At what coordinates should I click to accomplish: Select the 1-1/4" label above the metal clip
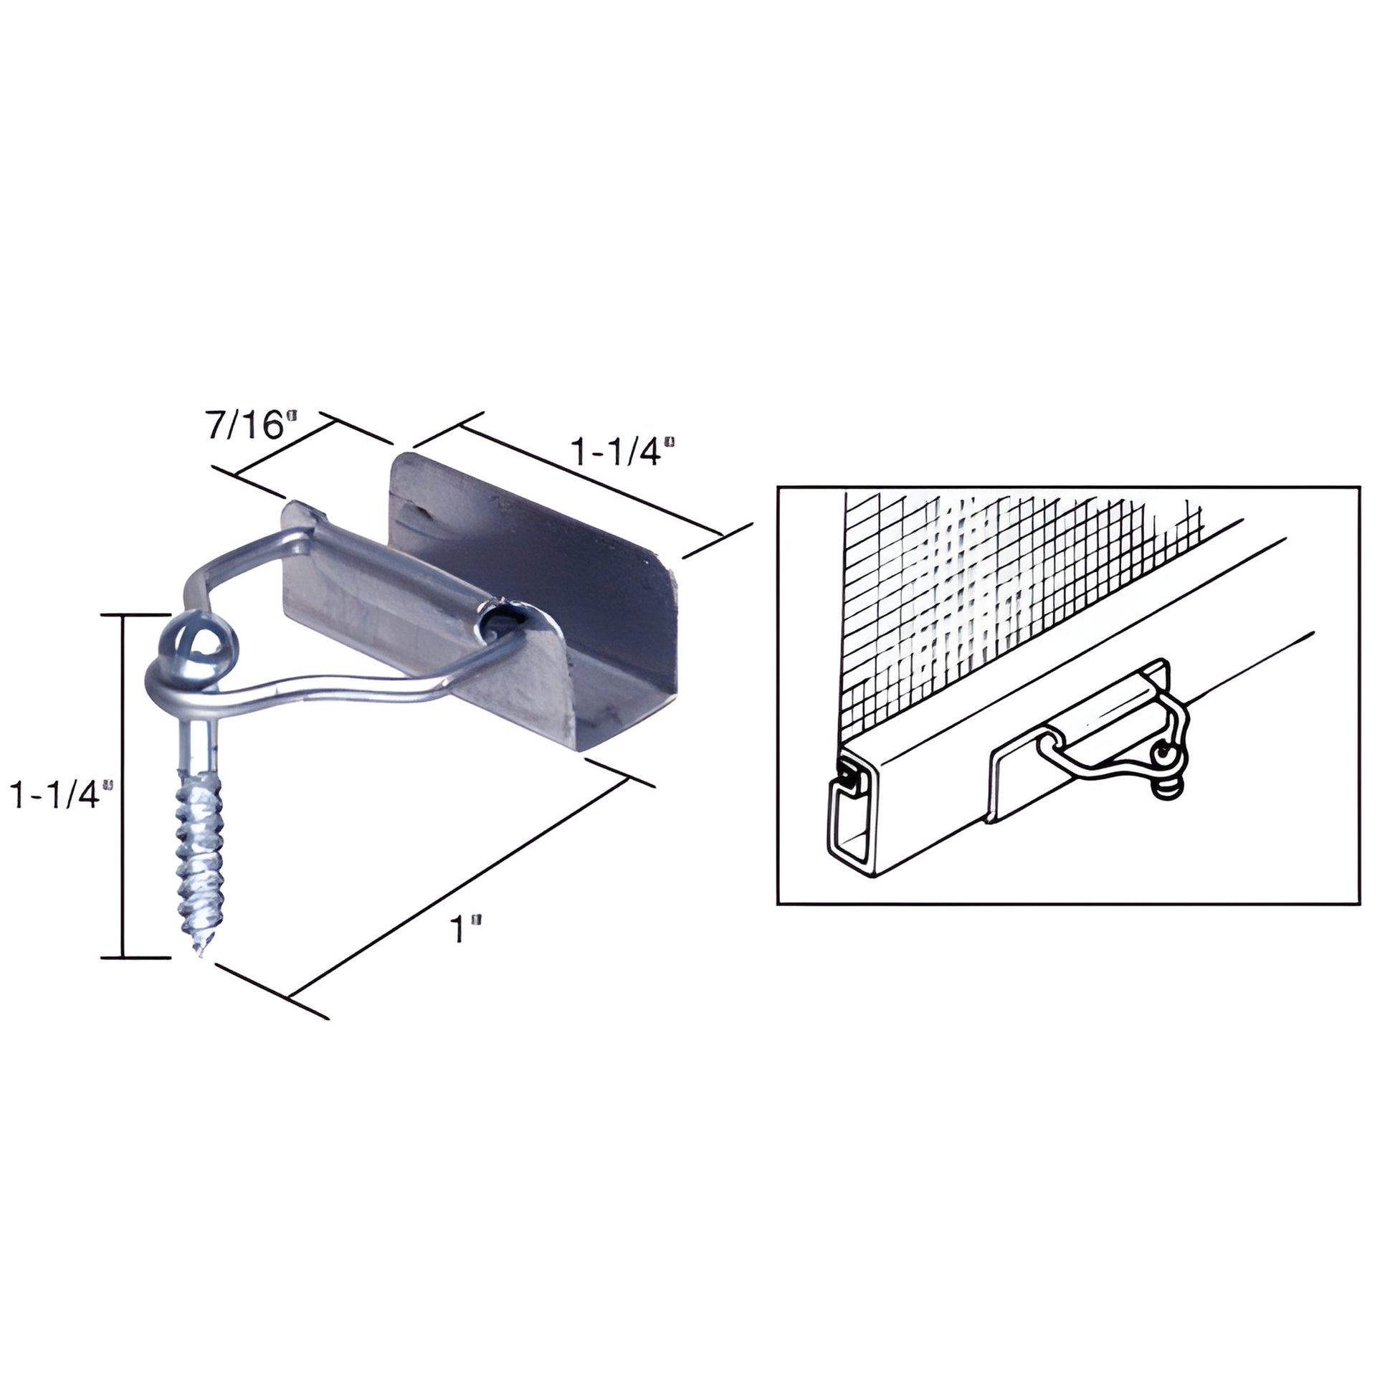click(622, 453)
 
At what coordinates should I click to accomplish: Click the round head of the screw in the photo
click(196, 643)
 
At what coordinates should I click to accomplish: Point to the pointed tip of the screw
click(199, 953)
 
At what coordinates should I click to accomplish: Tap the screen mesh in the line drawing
click(996, 578)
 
